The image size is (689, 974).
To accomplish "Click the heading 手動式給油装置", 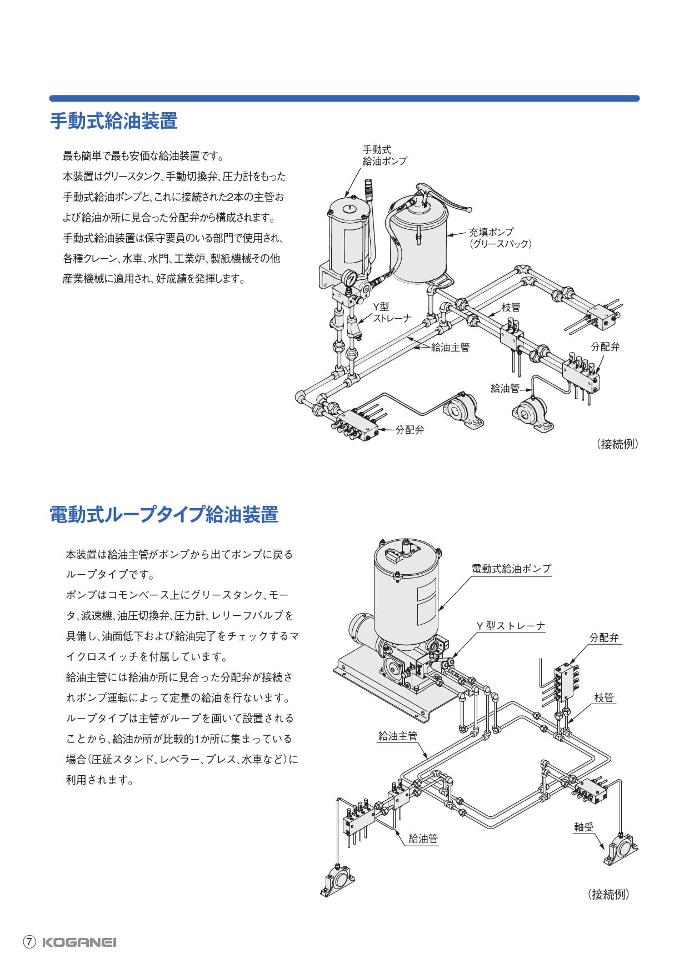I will [113, 121].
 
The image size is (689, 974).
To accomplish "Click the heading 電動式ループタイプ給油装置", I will [164, 514].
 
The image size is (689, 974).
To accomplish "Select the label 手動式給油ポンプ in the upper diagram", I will [385, 155].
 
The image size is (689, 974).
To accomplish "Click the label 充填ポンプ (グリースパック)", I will [500, 237].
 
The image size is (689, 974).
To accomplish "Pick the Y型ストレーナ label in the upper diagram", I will [391, 313].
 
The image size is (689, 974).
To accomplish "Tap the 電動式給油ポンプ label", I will [511, 569].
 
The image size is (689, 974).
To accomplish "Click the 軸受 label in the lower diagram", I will [584, 827].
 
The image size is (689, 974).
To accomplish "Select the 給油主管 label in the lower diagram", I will [397, 736].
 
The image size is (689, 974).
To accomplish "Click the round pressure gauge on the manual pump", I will [351, 277].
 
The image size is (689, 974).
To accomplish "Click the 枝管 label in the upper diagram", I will [511, 307].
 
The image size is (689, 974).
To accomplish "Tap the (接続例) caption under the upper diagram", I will [618, 444].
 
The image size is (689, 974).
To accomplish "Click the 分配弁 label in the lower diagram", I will [605, 638].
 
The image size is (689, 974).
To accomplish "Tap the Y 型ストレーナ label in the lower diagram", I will [511, 626].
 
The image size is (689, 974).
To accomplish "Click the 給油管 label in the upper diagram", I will [505, 388].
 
